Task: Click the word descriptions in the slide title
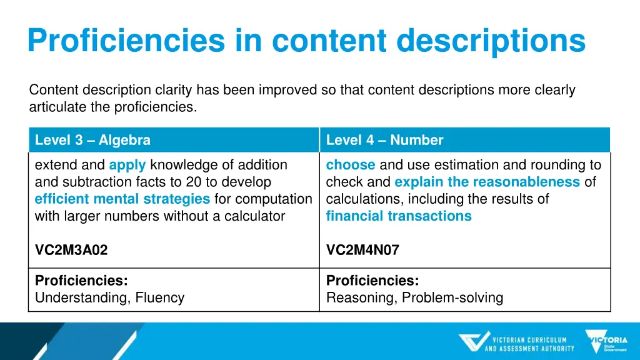click(x=491, y=41)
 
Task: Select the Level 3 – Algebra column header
click(x=92, y=140)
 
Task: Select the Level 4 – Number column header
click(x=384, y=140)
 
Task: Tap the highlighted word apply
click(x=127, y=165)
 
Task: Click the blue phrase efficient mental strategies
click(x=122, y=199)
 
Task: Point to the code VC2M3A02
click(x=71, y=250)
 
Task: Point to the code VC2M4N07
click(x=362, y=250)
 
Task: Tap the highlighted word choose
click(x=351, y=165)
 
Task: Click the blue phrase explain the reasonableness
click(x=487, y=182)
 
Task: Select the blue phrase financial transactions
click(x=399, y=216)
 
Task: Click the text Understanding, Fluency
click(x=109, y=297)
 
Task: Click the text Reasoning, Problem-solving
click(x=414, y=297)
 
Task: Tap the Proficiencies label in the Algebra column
click(x=81, y=281)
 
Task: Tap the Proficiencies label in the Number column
click(x=372, y=281)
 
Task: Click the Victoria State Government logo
click(x=606, y=341)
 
